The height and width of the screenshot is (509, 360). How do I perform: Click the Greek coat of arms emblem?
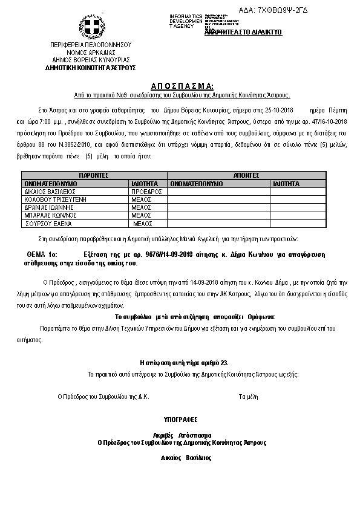[x=91, y=28]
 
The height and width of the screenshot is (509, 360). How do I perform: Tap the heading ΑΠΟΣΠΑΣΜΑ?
[x=182, y=86]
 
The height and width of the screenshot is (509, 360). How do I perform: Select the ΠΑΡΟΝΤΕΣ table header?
[x=94, y=174]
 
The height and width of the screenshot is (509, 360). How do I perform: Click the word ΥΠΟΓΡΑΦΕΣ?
[x=180, y=418]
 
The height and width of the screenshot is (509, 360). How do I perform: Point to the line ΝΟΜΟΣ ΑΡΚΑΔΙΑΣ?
[x=91, y=53]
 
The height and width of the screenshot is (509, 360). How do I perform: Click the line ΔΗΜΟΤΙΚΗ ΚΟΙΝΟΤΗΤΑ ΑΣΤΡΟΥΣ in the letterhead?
[x=91, y=67]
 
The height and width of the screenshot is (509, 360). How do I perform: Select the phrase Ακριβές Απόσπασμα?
[x=182, y=435]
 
